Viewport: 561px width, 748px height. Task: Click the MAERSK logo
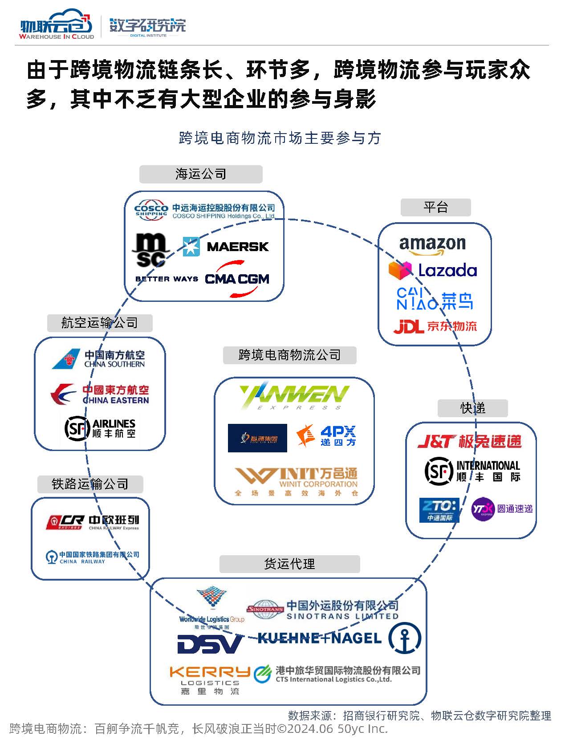[226, 246]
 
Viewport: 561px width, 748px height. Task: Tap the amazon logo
[432, 245]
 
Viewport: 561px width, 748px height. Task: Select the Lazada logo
[433, 270]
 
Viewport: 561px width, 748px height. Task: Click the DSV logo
[210, 644]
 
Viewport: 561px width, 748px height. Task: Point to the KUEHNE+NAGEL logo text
[319, 638]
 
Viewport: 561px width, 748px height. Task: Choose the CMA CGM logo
[237, 279]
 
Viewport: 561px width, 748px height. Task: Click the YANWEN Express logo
[294, 395]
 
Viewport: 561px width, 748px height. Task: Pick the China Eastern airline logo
[100, 394]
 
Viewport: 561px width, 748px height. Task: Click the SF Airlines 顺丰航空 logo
[100, 428]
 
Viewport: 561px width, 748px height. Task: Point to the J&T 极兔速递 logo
[469, 441]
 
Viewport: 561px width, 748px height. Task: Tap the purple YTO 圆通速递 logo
[502, 509]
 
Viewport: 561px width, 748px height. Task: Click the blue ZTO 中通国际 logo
[439, 509]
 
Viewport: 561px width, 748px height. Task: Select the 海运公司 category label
[201, 174]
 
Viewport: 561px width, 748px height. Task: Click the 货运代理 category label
[289, 564]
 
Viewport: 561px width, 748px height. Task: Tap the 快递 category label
[472, 408]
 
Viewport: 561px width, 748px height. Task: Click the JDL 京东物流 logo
[435, 326]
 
